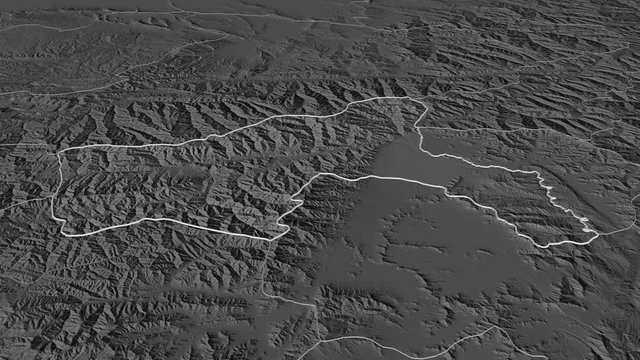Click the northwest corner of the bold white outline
point(65,153)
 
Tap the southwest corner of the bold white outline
point(64,232)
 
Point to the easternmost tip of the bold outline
point(598,235)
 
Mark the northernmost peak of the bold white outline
point(405,98)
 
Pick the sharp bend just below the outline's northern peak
point(421,130)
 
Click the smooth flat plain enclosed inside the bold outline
point(400,160)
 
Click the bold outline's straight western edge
point(57,190)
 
